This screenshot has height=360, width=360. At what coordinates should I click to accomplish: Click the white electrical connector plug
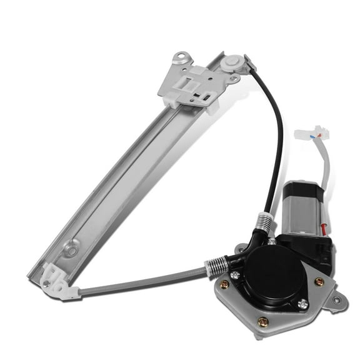coord(314,134)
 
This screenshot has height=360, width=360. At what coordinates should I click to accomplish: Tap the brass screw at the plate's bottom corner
coord(264,322)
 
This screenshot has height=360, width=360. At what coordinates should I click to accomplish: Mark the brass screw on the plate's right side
coord(320,282)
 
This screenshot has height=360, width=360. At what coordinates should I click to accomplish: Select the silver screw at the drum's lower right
coord(303,304)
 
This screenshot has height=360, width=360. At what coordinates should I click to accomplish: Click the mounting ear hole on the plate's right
coord(337,300)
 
